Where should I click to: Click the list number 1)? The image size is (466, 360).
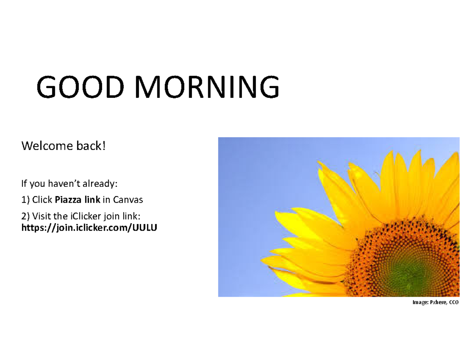point(25,200)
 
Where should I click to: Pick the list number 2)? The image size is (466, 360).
point(26,216)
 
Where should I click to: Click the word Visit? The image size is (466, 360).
point(42,216)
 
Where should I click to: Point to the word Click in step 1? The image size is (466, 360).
point(43,200)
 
